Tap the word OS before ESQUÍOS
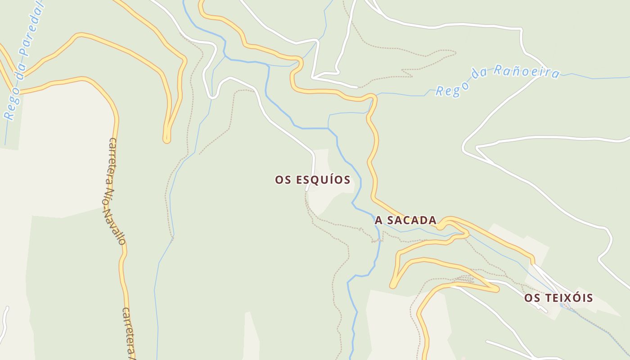pos(284,180)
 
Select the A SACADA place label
pos(405,220)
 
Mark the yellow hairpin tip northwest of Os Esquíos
pos(166,139)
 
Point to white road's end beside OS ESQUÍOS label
pos(307,190)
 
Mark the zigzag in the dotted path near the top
pos(407,72)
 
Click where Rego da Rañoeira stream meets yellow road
pos(374,96)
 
